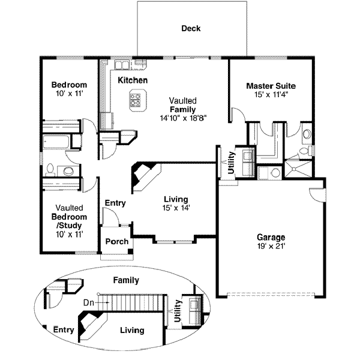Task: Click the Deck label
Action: click(x=191, y=28)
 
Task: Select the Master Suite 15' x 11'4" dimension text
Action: click(x=271, y=94)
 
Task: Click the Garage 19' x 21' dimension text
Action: click(x=271, y=246)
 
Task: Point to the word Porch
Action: click(x=117, y=242)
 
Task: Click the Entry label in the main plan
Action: click(x=115, y=203)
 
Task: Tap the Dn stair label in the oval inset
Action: click(x=89, y=303)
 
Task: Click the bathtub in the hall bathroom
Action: click(x=56, y=142)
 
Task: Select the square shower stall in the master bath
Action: click(x=298, y=169)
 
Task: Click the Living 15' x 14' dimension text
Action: click(x=176, y=208)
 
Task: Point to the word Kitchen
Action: click(x=133, y=80)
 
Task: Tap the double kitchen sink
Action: click(x=122, y=65)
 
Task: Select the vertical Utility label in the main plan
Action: click(x=231, y=163)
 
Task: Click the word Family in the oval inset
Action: click(x=126, y=280)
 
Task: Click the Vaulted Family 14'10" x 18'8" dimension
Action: click(x=184, y=118)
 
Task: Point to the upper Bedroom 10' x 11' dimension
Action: click(x=70, y=94)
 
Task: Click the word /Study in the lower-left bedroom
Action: click(x=69, y=226)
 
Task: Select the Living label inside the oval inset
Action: click(x=132, y=331)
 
